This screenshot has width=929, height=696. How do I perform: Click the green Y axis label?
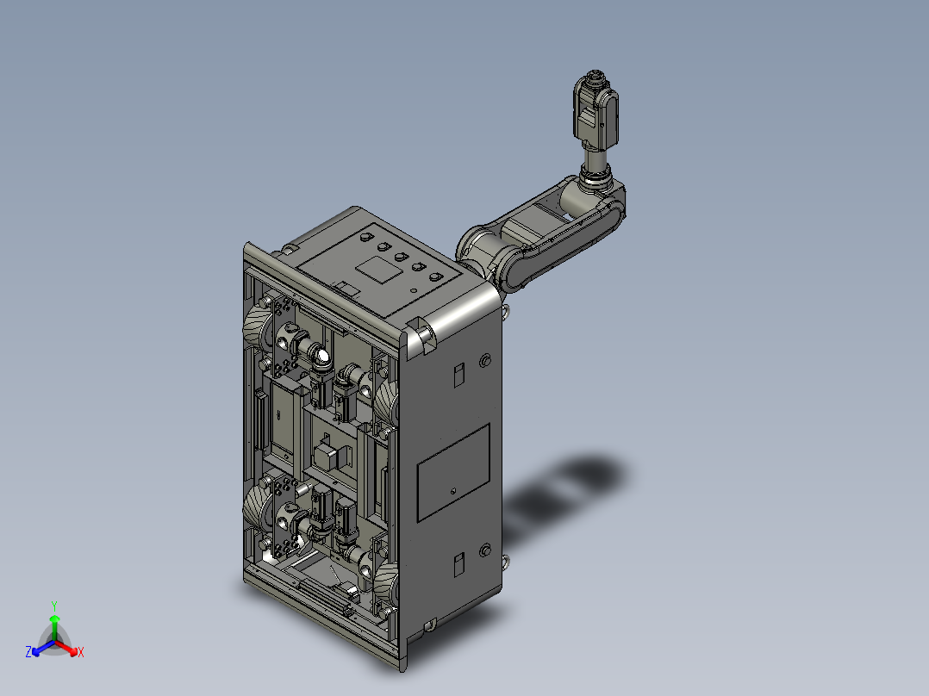coord(53,605)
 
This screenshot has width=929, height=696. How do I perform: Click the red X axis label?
coord(80,653)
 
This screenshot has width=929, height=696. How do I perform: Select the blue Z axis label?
coord(28,652)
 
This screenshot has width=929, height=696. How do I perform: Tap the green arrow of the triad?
coord(53,625)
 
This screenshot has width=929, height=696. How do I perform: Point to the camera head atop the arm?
coord(595,108)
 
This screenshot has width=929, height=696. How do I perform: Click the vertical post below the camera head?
coord(594,160)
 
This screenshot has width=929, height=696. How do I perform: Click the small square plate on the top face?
coord(380,269)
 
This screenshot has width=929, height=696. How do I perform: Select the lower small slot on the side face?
coord(458,565)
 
